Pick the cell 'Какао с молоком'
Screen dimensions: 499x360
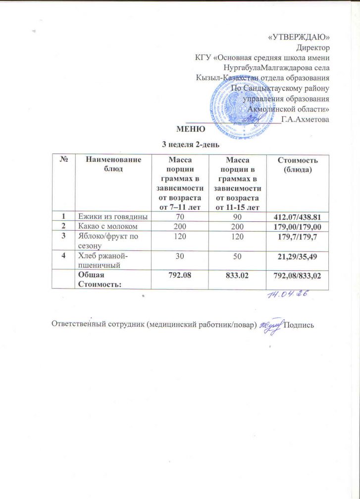(106, 226)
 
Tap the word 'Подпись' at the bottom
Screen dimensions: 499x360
(299, 325)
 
